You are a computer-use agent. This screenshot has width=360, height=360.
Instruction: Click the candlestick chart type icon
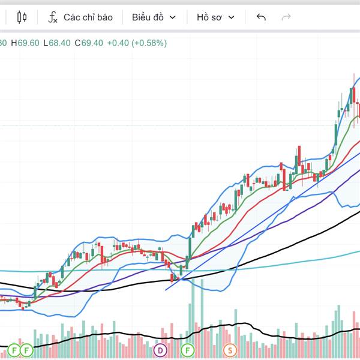(x=22, y=17)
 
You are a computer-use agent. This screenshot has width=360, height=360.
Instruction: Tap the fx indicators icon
(x=53, y=17)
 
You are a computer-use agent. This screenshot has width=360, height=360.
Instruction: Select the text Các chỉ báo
(x=88, y=17)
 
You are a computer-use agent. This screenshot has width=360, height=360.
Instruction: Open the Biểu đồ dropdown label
(x=148, y=17)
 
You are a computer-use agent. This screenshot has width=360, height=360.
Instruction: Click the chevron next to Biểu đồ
(x=173, y=17)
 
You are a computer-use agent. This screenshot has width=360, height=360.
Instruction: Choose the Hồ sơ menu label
(x=209, y=17)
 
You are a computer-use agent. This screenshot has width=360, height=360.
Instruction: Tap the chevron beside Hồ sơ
(x=232, y=17)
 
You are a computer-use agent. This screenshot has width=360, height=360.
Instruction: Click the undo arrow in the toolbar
(x=261, y=17)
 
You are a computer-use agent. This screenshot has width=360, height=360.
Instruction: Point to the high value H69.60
(x=28, y=43)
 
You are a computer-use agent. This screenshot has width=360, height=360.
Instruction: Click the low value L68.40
(x=59, y=43)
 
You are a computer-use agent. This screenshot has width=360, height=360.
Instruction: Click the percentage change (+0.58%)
(x=150, y=43)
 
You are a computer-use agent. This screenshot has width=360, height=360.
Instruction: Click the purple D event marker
(x=160, y=350)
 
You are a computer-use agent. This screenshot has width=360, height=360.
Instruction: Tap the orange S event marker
(x=230, y=350)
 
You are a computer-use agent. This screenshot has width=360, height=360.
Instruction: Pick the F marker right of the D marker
(x=188, y=350)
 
